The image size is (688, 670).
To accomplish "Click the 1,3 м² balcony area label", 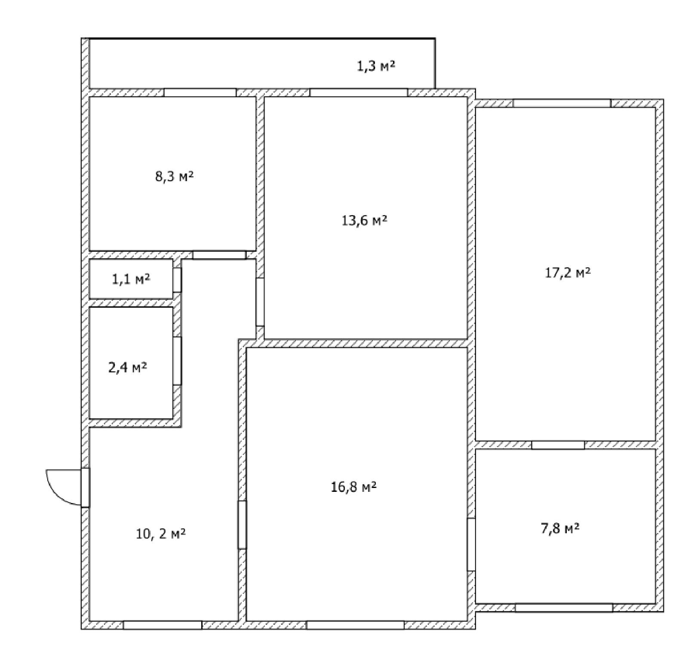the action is point(376,67).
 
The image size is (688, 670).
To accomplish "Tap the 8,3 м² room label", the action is point(174,176).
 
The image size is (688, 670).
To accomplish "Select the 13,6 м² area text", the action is point(364,221).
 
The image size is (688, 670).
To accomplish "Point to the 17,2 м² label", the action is point(568,272).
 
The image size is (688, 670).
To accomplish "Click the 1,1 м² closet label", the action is point(131,279).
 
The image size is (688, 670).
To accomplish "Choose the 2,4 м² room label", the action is point(127,368).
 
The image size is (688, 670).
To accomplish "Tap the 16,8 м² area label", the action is point(354,488).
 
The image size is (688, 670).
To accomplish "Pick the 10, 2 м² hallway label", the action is point(161,534).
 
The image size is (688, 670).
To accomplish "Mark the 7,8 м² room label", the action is point(560,528).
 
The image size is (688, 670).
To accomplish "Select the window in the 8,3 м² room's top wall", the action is point(200,93).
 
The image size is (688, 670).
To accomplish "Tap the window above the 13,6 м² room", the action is point(359,93).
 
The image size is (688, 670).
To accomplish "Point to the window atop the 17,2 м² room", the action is point(562,103).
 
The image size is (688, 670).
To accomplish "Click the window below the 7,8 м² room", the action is point(564,608).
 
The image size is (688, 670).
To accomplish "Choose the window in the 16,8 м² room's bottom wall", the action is point(355,625).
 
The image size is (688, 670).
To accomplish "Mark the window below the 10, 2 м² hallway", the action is point(163,625).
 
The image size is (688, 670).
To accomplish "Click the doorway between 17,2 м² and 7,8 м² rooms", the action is point(558,445).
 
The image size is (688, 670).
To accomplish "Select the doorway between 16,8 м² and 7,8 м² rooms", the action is point(471,544).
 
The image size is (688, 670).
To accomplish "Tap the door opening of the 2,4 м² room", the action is point(177,361).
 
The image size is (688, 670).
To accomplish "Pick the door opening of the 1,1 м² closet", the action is point(177,280).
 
